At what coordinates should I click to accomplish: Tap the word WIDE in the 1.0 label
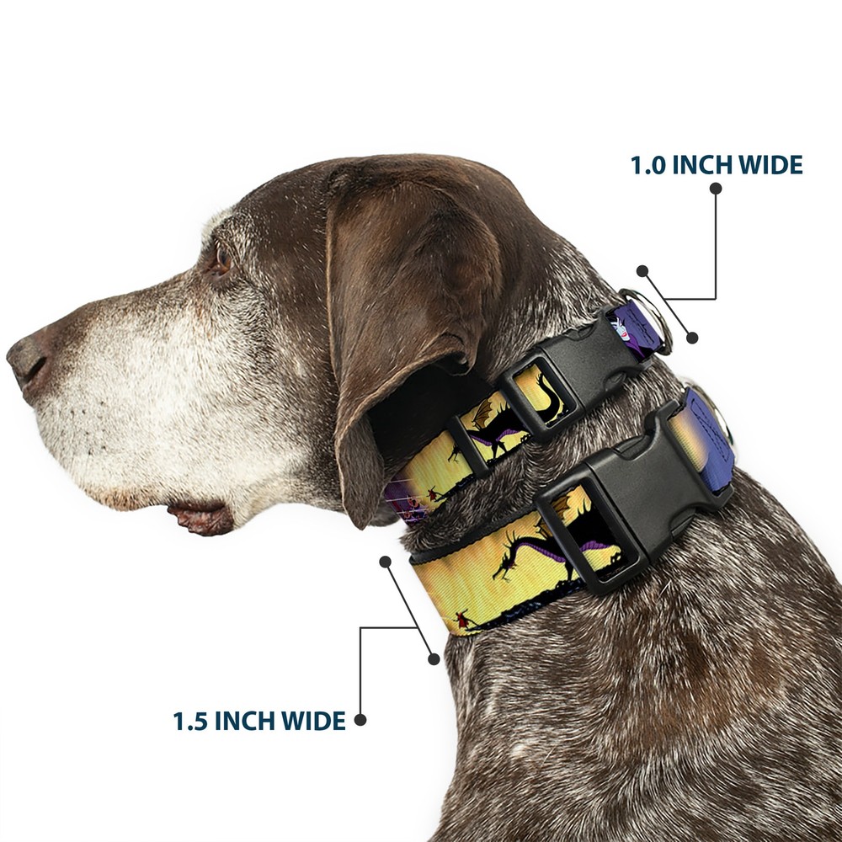click(x=770, y=165)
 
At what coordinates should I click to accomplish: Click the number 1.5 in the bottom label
click(x=190, y=722)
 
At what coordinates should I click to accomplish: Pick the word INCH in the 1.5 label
click(x=244, y=721)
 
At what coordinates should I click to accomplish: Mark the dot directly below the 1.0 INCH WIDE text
click(x=715, y=189)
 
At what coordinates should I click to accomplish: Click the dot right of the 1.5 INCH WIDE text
click(x=360, y=720)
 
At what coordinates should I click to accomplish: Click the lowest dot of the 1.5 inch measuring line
click(x=434, y=659)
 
